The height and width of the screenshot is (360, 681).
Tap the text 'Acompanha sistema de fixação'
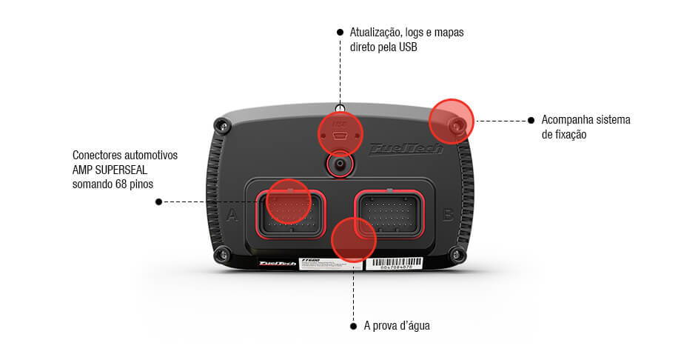[584, 127]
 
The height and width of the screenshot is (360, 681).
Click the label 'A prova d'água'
[397, 326]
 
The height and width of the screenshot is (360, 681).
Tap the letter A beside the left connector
[232, 216]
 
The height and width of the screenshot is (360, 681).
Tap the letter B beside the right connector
[448, 216]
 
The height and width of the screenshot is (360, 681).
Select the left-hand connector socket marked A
[289, 213]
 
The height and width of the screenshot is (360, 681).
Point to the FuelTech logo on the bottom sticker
[277, 263]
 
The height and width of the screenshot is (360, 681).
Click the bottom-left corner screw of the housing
[221, 256]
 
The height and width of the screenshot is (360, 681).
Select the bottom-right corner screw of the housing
[456, 256]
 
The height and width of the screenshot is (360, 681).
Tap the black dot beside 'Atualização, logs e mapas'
[340, 33]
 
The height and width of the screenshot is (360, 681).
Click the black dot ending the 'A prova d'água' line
[352, 326]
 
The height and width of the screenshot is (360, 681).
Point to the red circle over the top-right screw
[452, 121]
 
